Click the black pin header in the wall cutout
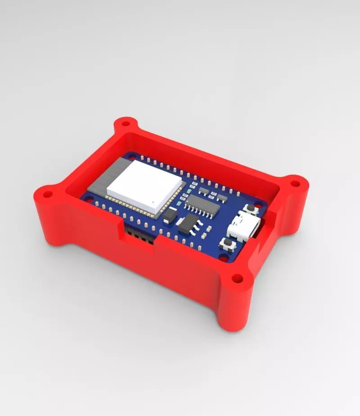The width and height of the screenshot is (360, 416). tap(139, 235)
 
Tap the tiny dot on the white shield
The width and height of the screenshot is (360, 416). tap(154, 202)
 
